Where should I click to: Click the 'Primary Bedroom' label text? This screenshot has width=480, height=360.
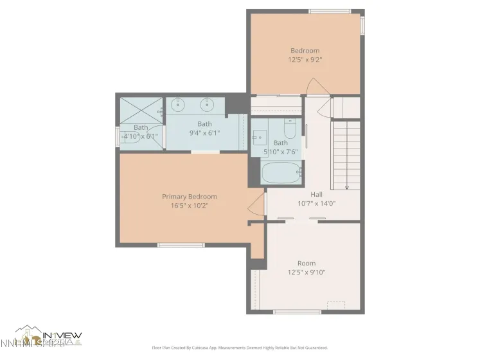(x=189, y=197)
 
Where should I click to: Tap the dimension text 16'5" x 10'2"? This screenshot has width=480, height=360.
(x=189, y=206)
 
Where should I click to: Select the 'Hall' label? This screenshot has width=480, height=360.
(x=316, y=194)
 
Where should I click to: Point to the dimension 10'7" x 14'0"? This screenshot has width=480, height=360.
(x=316, y=203)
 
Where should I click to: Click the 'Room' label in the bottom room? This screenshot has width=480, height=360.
(x=306, y=263)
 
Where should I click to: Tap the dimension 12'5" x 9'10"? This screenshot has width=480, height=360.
(x=306, y=272)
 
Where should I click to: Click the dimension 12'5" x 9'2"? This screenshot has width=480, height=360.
(x=305, y=60)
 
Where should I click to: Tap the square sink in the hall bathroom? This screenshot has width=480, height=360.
(x=260, y=136)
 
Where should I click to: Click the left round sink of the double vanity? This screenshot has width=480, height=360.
(x=178, y=105)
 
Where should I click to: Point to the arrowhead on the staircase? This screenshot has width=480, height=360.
(x=347, y=187)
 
